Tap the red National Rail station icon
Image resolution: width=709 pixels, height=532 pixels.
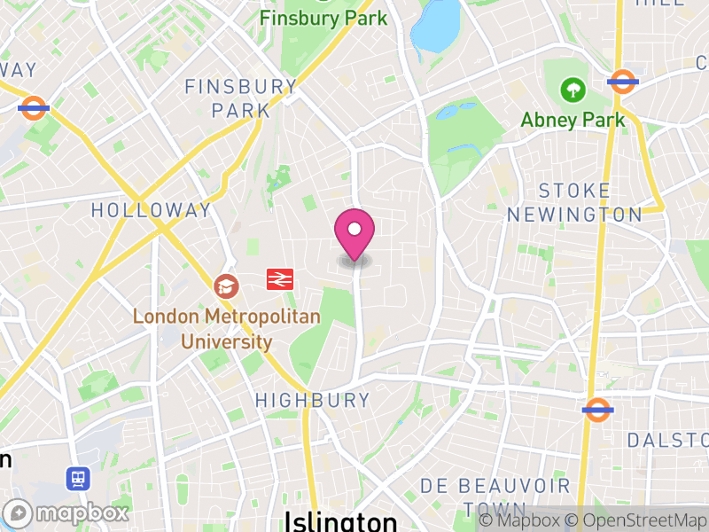click(279, 280)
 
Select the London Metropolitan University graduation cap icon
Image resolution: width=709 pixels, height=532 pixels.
click(226, 286)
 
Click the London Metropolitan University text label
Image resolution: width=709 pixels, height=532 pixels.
click(202, 328)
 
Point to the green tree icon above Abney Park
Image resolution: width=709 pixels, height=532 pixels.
click(573, 89)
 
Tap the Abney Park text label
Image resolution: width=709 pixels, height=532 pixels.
click(573, 120)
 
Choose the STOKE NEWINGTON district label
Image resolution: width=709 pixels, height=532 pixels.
click(573, 202)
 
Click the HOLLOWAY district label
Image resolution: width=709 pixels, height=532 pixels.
click(152, 210)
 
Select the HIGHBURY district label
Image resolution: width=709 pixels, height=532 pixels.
click(313, 401)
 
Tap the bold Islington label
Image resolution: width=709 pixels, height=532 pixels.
click(340, 520)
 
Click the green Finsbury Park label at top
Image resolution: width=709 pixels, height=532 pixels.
click(323, 18)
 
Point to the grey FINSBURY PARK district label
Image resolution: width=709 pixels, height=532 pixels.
click(240, 98)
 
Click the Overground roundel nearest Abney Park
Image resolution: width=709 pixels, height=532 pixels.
click(623, 82)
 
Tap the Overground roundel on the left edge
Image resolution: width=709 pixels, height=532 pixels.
click(34, 108)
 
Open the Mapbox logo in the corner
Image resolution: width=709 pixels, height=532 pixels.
click(67, 512)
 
